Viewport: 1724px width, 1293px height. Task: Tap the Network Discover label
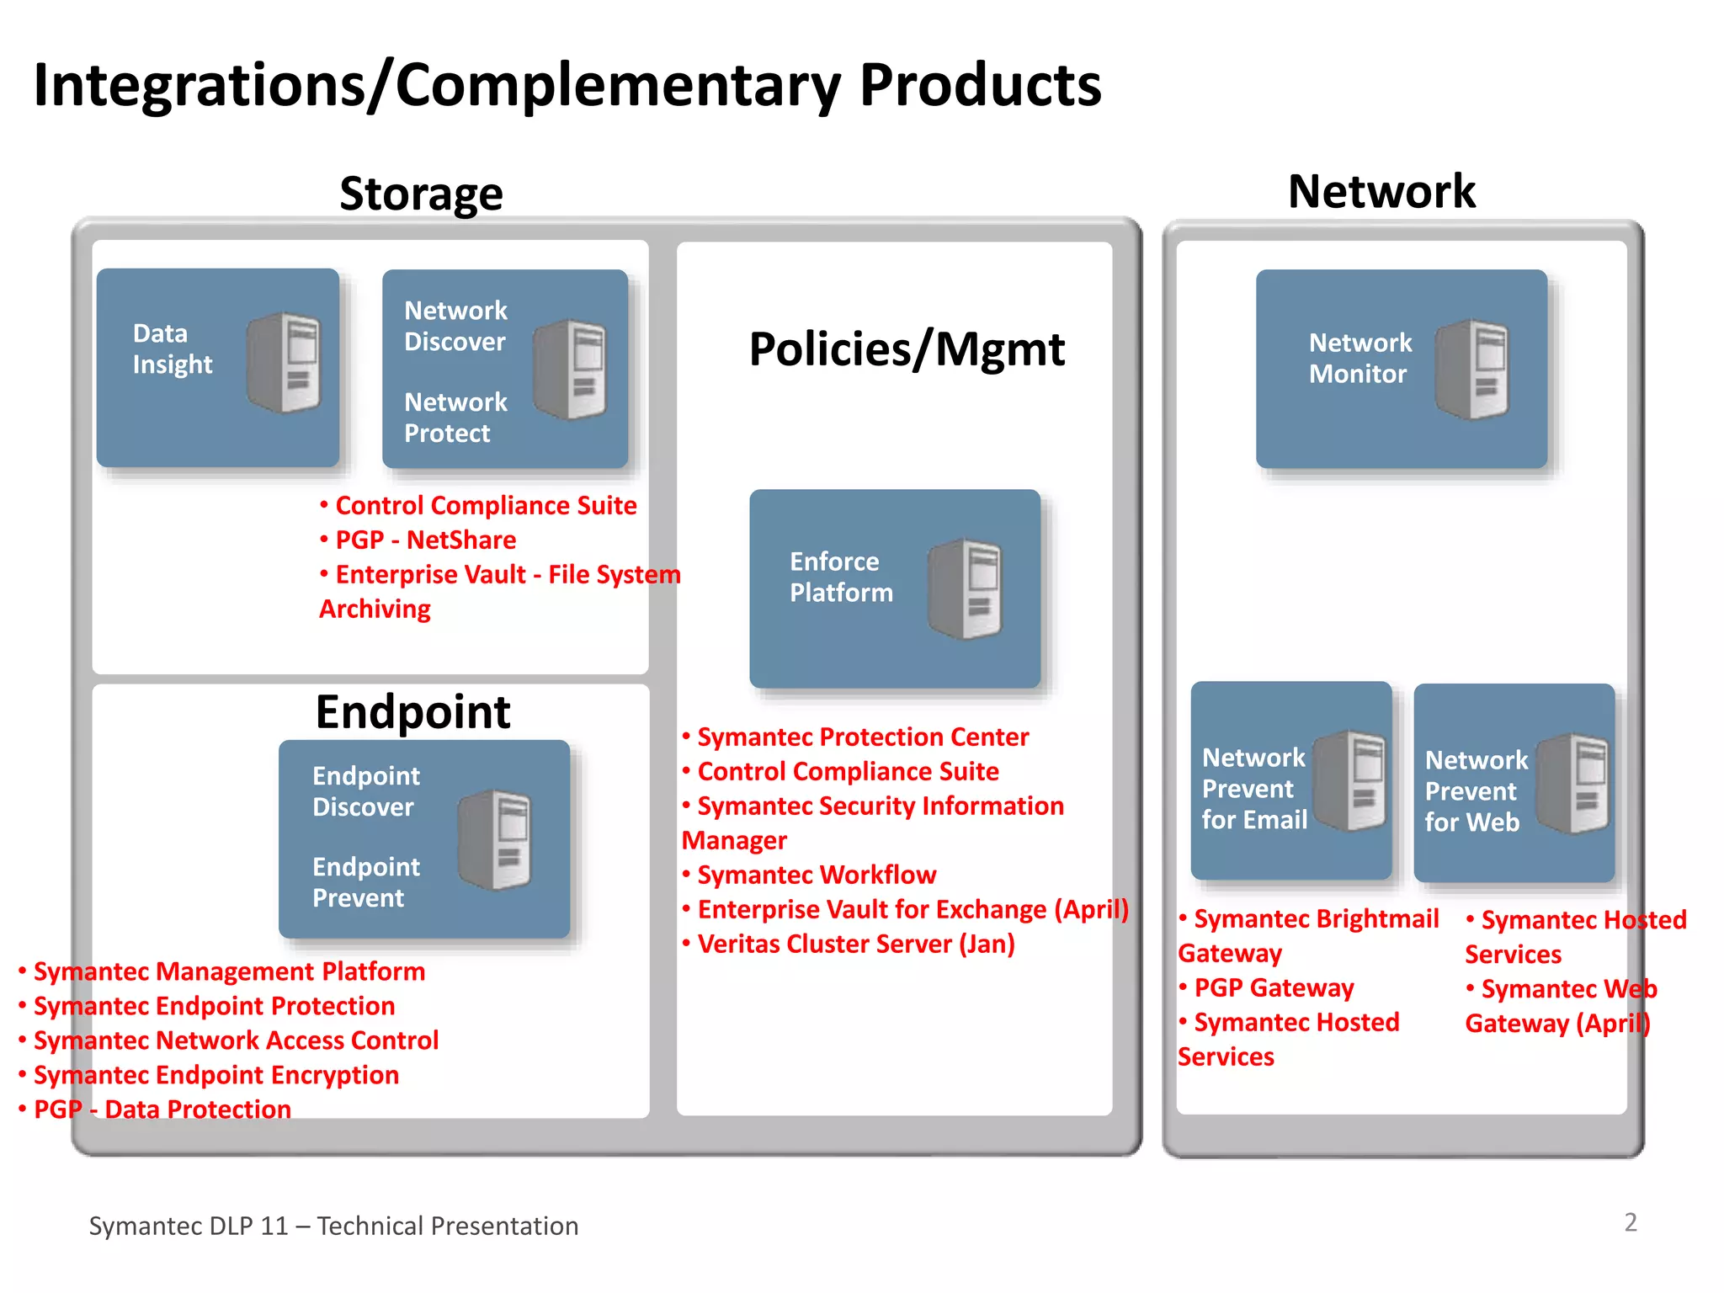click(455, 326)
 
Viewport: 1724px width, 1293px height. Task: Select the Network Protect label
click(455, 418)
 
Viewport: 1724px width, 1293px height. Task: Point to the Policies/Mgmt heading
click(907, 349)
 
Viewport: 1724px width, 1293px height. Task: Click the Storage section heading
click(421, 194)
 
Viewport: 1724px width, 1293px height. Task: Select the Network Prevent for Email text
click(1253, 789)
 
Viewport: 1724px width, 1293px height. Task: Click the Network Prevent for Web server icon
click(1572, 783)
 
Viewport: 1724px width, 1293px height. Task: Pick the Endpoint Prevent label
click(365, 882)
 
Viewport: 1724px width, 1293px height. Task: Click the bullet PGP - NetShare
click(425, 540)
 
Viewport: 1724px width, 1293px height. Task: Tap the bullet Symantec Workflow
click(816, 875)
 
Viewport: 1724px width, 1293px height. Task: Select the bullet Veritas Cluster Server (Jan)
click(855, 944)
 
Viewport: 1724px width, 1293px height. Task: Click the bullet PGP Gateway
click(1273, 987)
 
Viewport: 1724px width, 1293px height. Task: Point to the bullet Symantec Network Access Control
click(236, 1040)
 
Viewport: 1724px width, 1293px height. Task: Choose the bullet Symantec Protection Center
click(862, 737)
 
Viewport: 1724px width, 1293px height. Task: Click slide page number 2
click(1630, 1222)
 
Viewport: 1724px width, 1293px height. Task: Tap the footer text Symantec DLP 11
click(189, 1226)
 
